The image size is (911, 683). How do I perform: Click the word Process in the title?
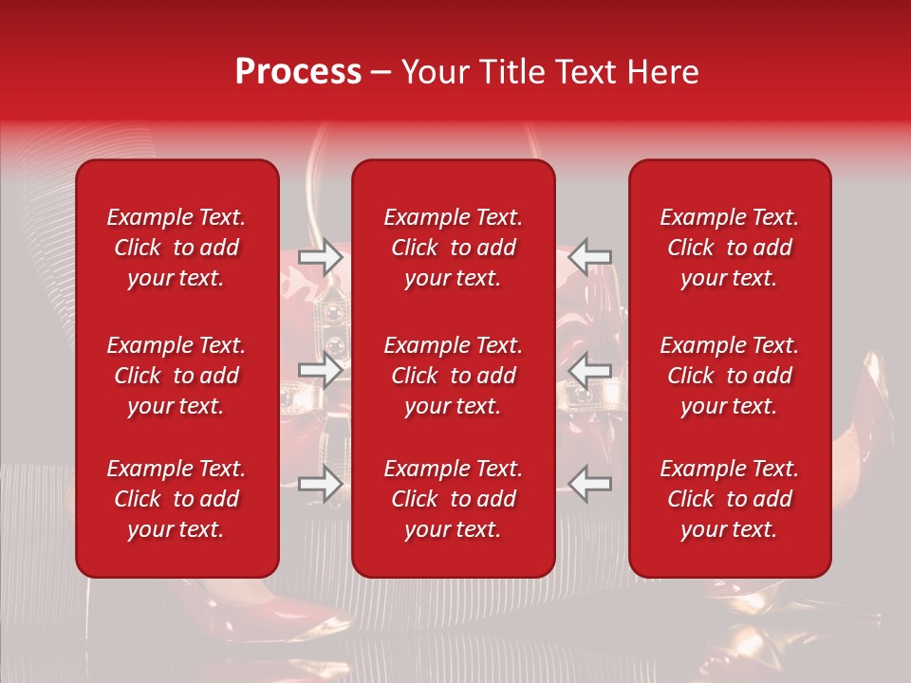coord(298,72)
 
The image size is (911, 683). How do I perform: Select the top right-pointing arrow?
coord(320,256)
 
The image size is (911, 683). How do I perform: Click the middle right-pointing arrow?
coord(320,371)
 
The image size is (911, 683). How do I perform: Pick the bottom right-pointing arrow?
coord(320,484)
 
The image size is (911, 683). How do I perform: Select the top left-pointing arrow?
coord(590,256)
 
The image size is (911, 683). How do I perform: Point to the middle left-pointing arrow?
coord(590,371)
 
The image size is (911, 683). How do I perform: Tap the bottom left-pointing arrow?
coord(590,484)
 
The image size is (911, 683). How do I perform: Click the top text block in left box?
coord(177,248)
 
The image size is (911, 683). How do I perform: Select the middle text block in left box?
coord(177,376)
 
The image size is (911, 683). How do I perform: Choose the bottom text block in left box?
coord(177,499)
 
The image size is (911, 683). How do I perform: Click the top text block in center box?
coord(454,248)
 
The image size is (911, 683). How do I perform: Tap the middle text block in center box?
coord(454,376)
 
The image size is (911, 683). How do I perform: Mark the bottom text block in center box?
coord(454,499)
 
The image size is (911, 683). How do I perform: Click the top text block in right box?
coord(730,248)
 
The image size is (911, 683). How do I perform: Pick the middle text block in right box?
coord(730,376)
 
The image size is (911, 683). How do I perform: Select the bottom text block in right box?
coord(730,499)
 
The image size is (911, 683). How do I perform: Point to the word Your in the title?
coord(432,72)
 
